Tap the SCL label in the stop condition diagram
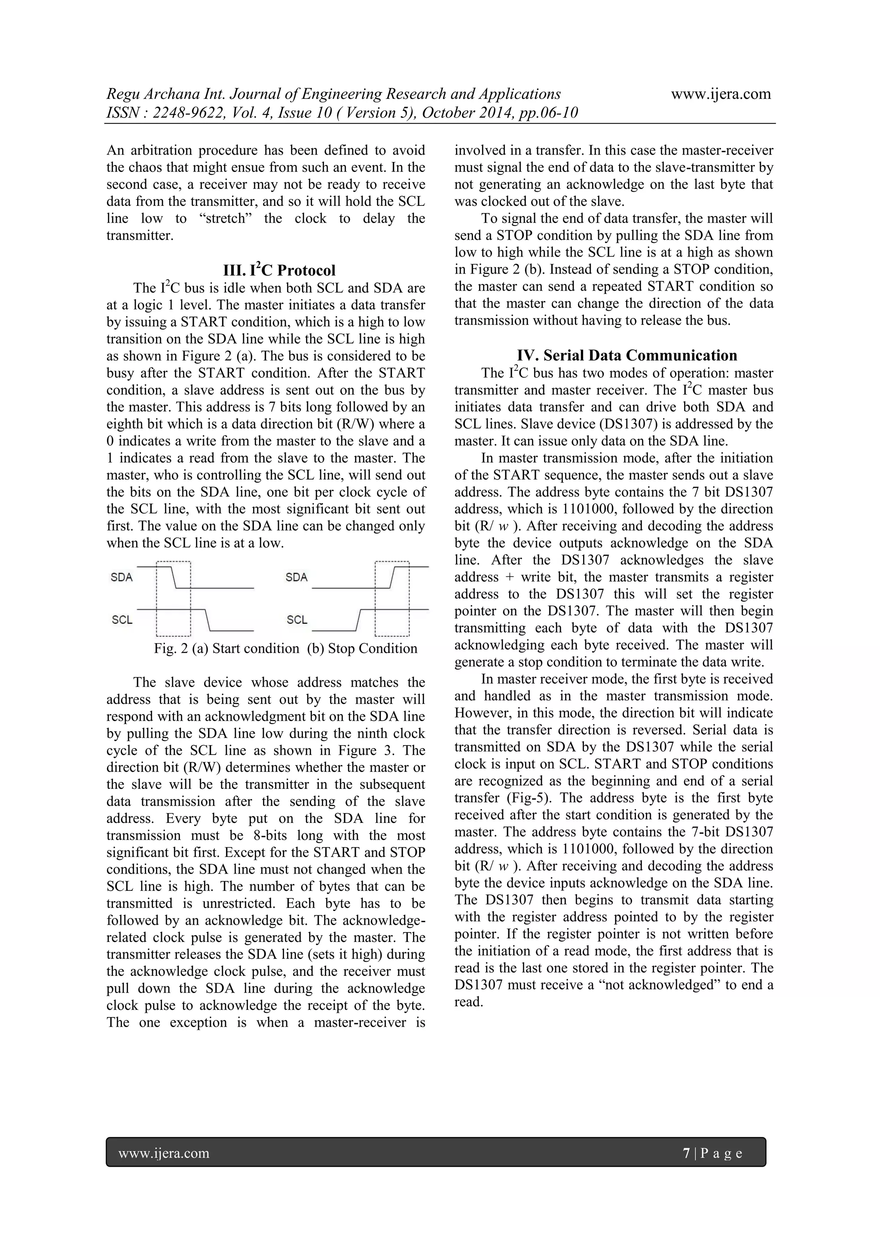[296, 620]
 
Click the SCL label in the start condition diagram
[122, 620]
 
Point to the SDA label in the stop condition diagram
[296, 578]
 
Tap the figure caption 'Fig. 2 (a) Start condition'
[226, 648]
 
